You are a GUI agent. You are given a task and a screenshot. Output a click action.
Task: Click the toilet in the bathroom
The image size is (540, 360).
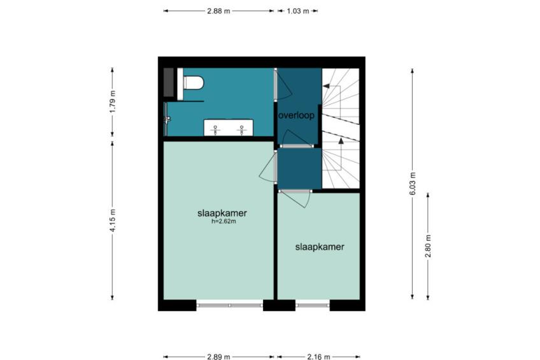[194, 83]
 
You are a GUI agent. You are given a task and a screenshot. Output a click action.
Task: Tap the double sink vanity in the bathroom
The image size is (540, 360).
[229, 128]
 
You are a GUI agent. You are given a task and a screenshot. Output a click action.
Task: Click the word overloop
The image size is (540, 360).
[297, 115]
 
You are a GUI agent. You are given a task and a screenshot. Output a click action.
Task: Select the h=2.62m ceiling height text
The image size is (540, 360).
[224, 222]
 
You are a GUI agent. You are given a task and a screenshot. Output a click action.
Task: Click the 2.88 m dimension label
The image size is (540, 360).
[218, 11]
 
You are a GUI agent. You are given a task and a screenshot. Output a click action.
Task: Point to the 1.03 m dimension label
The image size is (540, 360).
[298, 11]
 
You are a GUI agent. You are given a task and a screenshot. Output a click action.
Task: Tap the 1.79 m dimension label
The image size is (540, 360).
[113, 102]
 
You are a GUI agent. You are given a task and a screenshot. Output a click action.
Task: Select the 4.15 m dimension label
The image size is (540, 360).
[113, 220]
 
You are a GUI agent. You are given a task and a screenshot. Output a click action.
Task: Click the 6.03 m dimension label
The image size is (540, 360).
[413, 184]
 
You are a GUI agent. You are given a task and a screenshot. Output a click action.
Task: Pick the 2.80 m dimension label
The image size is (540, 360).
[428, 246]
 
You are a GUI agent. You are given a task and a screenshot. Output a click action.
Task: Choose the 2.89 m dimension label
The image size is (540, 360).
[218, 357]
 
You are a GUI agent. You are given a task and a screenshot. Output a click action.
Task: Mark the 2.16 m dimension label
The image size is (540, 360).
[318, 357]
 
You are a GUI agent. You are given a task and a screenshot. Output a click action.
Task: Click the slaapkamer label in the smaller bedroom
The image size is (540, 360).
[320, 247]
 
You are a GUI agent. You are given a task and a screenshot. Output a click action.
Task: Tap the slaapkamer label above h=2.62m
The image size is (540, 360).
[222, 213]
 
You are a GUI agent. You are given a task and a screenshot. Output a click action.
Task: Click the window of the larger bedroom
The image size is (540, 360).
[230, 305]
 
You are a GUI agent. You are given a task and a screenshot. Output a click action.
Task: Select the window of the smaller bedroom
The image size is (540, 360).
[313, 305]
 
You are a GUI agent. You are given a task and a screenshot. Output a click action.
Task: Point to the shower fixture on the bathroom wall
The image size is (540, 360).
[167, 119]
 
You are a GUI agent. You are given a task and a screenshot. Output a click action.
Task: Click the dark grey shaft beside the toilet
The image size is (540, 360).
[168, 82]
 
